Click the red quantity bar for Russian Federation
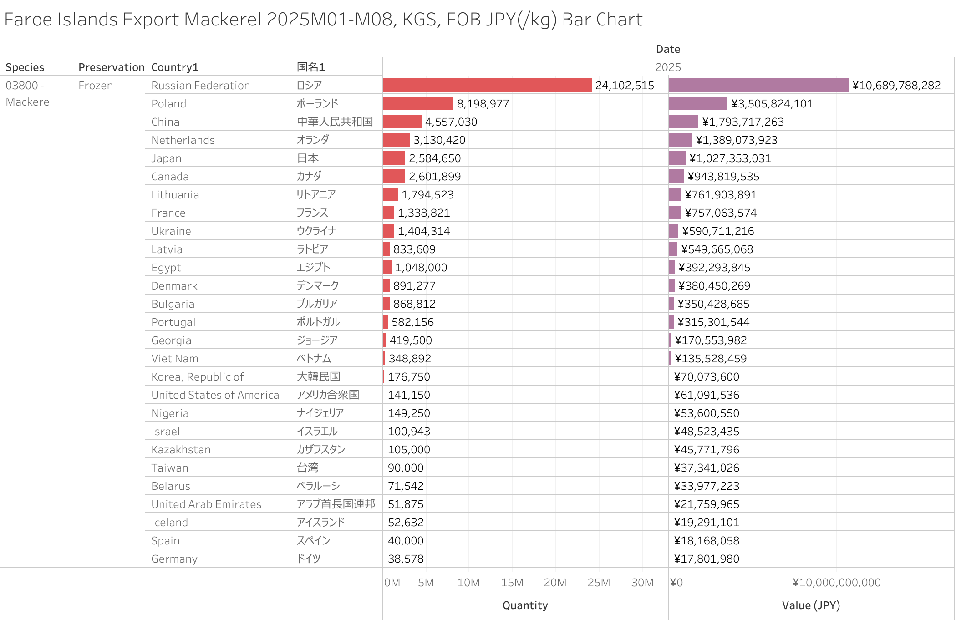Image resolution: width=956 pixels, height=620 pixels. click(x=487, y=85)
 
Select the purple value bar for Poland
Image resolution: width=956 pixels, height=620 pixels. click(x=697, y=103)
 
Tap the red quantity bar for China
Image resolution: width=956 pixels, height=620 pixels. click(x=402, y=122)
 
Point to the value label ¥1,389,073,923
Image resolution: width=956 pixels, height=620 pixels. click(x=736, y=140)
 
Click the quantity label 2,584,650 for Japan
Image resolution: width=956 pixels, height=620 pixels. click(x=434, y=158)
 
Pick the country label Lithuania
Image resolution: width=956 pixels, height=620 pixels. click(x=175, y=195)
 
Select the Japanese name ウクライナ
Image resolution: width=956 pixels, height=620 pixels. click(x=316, y=231)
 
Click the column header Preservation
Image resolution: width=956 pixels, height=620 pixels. click(x=111, y=67)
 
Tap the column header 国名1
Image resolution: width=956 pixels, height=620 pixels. click(x=310, y=67)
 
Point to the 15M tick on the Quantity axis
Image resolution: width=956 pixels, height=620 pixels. click(x=512, y=582)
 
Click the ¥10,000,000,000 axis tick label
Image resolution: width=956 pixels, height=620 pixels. click(x=836, y=582)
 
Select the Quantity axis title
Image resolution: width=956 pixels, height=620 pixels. click(x=525, y=605)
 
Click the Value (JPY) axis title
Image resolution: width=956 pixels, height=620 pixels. click(x=811, y=605)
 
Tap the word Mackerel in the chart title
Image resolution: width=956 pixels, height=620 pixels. click(x=223, y=19)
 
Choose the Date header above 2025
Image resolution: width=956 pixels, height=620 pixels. click(x=668, y=49)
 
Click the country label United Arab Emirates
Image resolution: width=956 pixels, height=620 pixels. click(x=206, y=504)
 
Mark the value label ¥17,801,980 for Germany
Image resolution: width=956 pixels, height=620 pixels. click(x=707, y=559)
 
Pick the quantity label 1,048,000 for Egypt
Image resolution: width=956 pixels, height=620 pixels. click(x=421, y=267)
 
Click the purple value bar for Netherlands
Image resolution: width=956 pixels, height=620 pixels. click(x=680, y=140)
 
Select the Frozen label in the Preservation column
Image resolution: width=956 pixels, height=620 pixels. click(x=96, y=86)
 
